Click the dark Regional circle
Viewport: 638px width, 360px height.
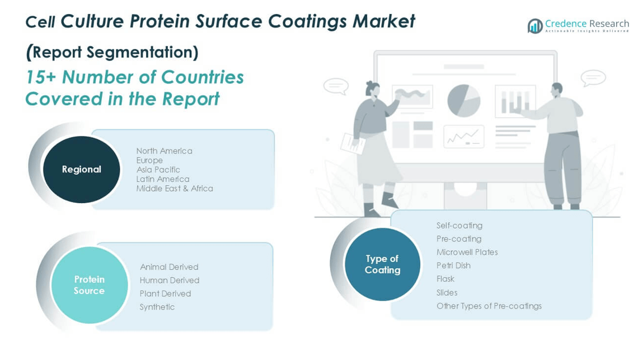coord(81,170)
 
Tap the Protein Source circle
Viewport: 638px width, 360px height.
coord(90,285)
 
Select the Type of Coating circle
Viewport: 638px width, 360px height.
coord(382,264)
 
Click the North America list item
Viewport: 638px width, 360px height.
coord(165,151)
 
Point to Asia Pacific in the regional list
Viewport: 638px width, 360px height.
coord(158,170)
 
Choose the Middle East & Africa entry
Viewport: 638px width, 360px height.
coord(175,188)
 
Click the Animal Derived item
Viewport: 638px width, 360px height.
coord(169,267)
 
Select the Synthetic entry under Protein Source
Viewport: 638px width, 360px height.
coord(157,307)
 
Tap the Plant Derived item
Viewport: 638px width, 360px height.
coord(165,293)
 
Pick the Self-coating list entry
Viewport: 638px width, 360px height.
coord(459,225)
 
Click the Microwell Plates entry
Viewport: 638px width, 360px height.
coord(467,252)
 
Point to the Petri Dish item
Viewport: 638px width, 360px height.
coord(453,265)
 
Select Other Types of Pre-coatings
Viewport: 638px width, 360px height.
coord(489,306)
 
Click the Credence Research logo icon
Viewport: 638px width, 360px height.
coord(535,26)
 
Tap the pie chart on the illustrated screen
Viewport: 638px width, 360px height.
coord(463,101)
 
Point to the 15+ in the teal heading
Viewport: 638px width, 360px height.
coord(40,77)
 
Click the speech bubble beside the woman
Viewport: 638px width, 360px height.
coord(336,86)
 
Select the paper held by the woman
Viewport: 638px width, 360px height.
coord(353,144)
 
